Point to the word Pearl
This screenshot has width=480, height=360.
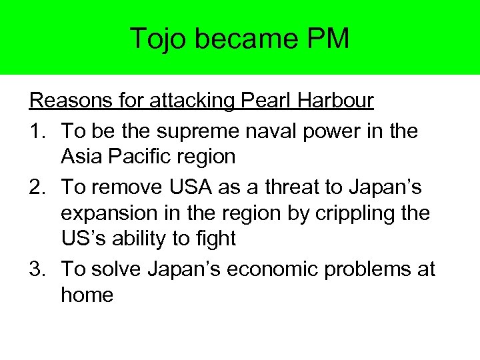tap(258, 101)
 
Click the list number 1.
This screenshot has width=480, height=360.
tap(36, 131)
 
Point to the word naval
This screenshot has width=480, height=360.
tap(266, 131)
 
